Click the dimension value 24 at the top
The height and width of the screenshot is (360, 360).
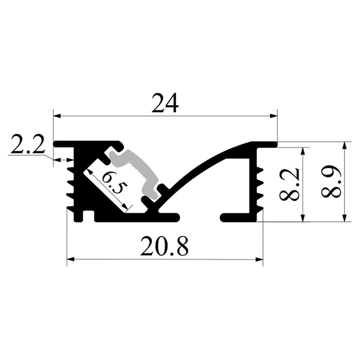point(165,103)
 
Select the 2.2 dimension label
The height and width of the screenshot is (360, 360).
point(28,146)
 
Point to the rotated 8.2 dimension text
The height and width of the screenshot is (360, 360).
point(289,184)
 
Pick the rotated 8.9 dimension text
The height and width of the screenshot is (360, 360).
point(331,182)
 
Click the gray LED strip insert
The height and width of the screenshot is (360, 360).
point(134,172)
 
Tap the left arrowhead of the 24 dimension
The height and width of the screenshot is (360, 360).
point(57,116)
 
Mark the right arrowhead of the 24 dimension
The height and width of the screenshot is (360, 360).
point(274,116)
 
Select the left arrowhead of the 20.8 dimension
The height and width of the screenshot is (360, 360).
point(70,259)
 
